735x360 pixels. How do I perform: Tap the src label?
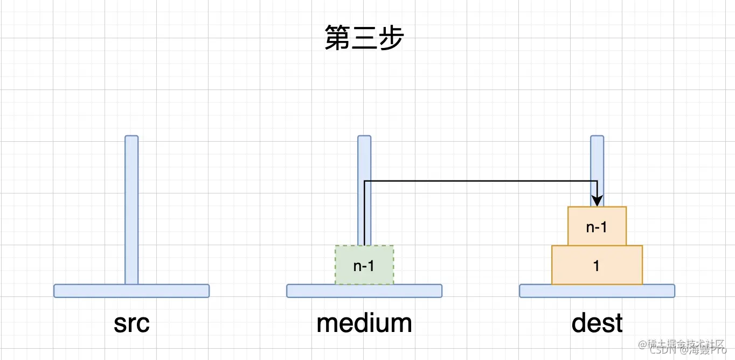point(131,323)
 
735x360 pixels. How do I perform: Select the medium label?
point(364,323)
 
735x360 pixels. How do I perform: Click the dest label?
point(597,323)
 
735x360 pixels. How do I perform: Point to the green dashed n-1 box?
point(364,265)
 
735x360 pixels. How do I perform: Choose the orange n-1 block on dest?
point(597,226)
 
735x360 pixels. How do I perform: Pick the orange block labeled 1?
point(597,265)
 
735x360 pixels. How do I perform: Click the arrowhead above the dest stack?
point(597,200)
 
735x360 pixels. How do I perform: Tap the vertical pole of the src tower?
point(131,210)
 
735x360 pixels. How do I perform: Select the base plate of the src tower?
point(131,291)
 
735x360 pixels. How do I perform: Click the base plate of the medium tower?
point(364,291)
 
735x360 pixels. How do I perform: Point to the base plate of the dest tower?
point(597,291)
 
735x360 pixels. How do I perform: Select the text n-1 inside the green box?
point(364,265)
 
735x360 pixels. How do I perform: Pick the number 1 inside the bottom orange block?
point(597,265)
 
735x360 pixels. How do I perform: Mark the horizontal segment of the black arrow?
point(480,181)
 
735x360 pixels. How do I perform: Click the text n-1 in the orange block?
point(597,227)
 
